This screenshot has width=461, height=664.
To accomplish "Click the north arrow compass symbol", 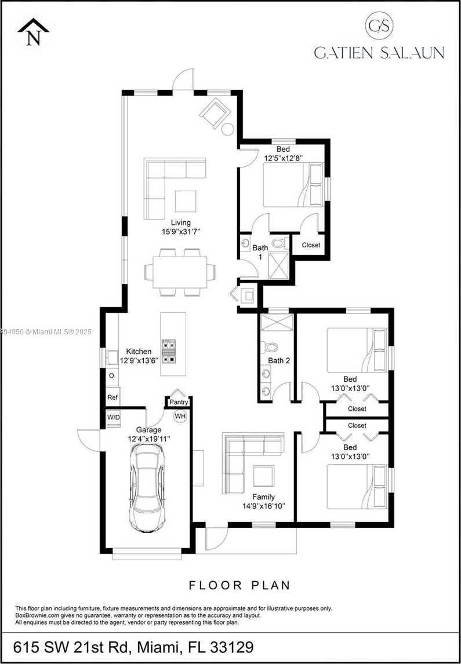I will pyautogui.click(x=33, y=32).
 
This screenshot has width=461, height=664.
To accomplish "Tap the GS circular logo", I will pyautogui.click(x=379, y=26).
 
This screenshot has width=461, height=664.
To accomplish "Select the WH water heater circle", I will pyautogui.click(x=180, y=415).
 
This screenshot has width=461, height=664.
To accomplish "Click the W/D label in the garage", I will pyautogui.click(x=113, y=417).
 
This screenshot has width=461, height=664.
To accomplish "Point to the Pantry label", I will pyautogui.click(x=179, y=402).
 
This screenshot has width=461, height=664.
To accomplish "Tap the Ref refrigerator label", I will pyautogui.click(x=112, y=397).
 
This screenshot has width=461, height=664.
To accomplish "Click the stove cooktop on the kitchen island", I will pyautogui.click(x=169, y=351).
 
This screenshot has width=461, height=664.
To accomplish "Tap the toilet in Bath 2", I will pyautogui.click(x=271, y=347).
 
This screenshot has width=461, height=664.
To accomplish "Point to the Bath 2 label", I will pyautogui.click(x=279, y=360).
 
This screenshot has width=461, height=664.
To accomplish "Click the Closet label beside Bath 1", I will pyautogui.click(x=311, y=245).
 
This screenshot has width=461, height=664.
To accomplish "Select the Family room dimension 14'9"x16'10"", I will pyautogui.click(x=263, y=506).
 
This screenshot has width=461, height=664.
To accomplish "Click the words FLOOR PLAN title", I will pyautogui.click(x=239, y=585).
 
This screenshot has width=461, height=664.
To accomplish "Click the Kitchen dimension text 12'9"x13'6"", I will pyautogui.click(x=139, y=360).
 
